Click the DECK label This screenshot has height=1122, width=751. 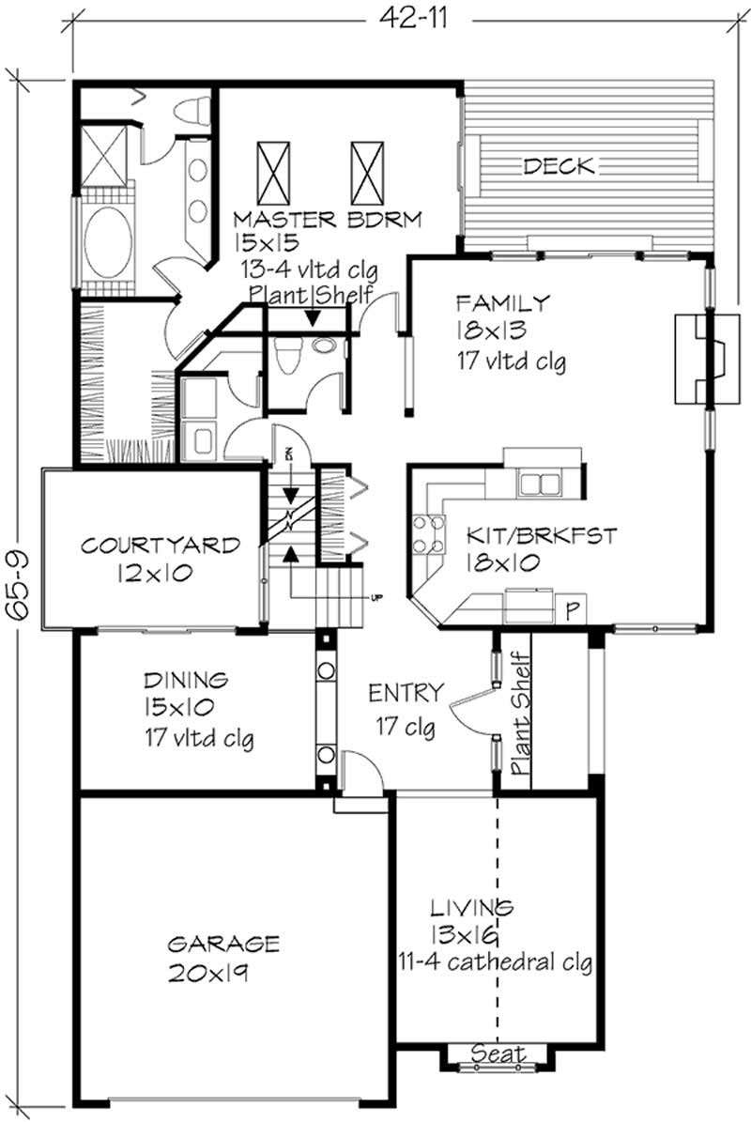(559, 167)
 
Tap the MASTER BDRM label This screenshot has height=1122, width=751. (328, 220)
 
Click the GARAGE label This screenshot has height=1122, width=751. (223, 943)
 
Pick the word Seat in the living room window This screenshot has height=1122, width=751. (498, 1053)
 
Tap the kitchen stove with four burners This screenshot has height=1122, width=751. (429, 534)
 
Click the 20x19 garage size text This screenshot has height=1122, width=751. (207, 973)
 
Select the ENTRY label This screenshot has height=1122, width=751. (406, 694)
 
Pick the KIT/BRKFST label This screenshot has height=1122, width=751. (542, 536)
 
